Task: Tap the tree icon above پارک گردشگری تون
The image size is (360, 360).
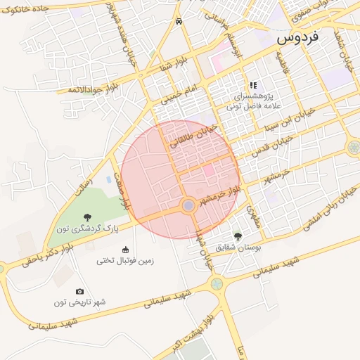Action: (x=87, y=217)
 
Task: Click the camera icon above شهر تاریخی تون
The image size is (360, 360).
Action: (x=79, y=291)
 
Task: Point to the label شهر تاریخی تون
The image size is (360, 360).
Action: (x=79, y=302)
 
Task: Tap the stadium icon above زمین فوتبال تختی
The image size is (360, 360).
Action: (x=126, y=250)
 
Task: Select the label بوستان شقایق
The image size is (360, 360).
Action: (x=238, y=247)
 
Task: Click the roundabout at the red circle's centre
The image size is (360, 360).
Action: (x=188, y=205)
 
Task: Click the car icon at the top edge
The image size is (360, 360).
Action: (x=179, y=21)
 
